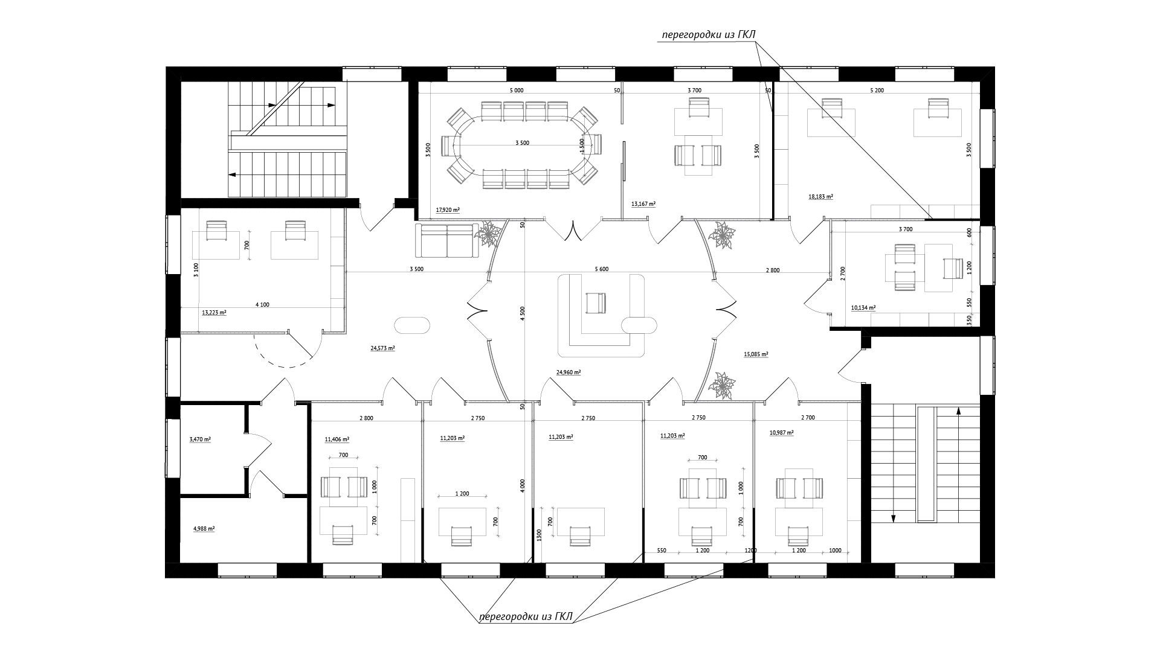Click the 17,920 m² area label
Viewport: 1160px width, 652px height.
[x=448, y=210]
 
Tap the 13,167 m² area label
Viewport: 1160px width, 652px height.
[x=643, y=204]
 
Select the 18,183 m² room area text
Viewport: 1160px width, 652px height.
[x=820, y=197]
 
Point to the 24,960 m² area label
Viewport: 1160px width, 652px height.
[x=569, y=372]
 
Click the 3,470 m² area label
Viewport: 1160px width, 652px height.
[x=200, y=439]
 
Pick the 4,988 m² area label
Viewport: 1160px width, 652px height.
[x=204, y=528]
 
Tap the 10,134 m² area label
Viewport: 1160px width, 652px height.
[x=863, y=307]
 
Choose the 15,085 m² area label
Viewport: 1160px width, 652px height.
[x=756, y=354]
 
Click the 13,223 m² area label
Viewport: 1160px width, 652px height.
[x=214, y=313]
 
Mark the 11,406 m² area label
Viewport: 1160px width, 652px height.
[x=337, y=439]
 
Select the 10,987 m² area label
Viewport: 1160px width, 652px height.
[x=781, y=433]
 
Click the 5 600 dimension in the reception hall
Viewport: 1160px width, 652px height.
[x=601, y=269]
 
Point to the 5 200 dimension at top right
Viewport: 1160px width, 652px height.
[x=877, y=90]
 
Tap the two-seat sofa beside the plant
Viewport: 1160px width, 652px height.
[x=446, y=240]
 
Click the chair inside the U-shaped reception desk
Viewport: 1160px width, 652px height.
[x=595, y=302]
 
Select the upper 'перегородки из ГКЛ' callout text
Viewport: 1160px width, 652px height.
[x=709, y=35]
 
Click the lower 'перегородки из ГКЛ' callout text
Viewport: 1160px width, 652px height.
[x=526, y=616]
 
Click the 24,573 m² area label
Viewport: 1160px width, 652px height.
[x=382, y=348]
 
